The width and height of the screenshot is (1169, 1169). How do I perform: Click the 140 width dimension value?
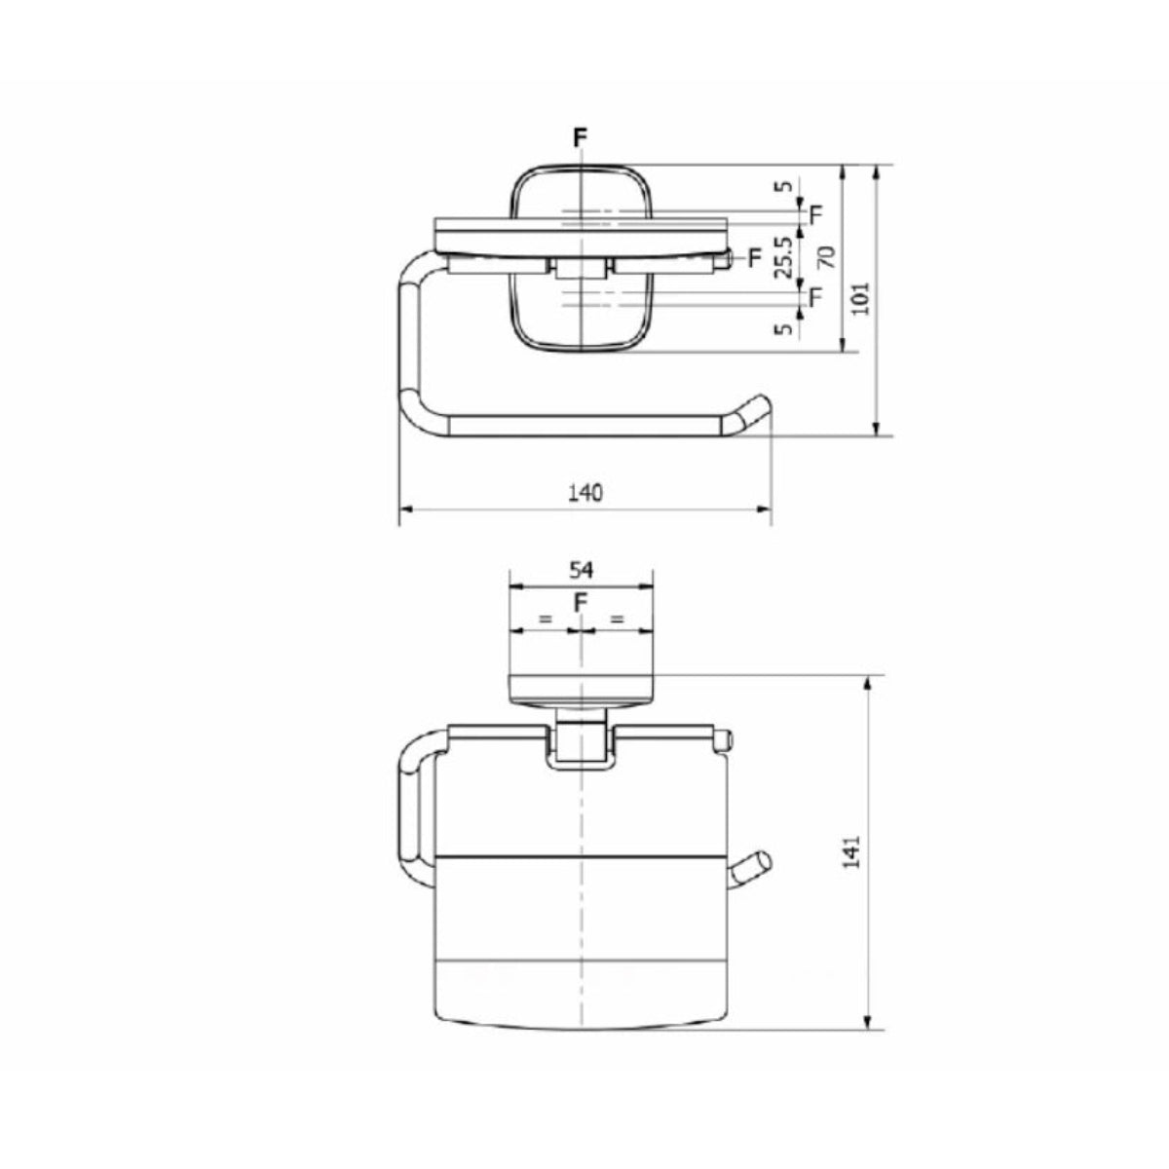click(585, 492)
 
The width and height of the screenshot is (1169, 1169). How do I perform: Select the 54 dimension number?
click(582, 569)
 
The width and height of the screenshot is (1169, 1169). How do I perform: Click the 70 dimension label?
click(827, 258)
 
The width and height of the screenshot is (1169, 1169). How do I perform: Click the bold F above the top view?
click(581, 138)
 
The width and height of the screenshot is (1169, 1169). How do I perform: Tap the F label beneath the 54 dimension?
click(581, 605)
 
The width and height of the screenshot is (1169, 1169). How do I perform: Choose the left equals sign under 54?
click(545, 619)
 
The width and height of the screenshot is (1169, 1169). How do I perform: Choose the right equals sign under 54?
click(617, 619)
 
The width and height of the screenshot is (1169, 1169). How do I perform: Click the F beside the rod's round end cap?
click(754, 257)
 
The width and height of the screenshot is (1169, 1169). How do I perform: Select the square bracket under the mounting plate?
click(581, 746)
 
